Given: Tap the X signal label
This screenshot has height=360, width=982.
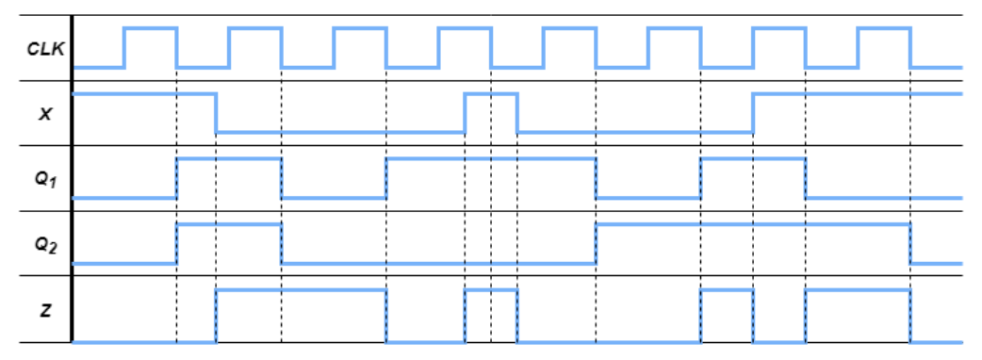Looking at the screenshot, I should pos(43,112).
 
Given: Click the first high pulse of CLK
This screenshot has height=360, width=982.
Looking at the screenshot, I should pos(151,29).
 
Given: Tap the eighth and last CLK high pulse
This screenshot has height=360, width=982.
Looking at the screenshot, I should pos(883,29).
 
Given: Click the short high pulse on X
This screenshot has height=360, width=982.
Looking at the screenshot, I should pos(491,94).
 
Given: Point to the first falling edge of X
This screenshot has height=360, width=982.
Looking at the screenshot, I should pos(217,112).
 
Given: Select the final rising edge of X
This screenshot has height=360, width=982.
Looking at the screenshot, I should pos(753,112).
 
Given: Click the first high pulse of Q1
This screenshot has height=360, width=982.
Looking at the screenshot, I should pos(229,159).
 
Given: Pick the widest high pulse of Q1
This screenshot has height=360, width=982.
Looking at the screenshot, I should pos(491,159).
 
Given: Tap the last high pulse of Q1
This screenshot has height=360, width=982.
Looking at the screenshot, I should pos(753,159).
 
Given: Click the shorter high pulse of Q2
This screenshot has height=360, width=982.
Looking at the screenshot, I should pos(229,225).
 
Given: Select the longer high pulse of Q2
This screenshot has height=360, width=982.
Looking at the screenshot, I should pos(753,225).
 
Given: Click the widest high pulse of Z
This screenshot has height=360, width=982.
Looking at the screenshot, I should pos(302,291).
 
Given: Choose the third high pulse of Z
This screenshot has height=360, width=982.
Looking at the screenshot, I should pos(727,291).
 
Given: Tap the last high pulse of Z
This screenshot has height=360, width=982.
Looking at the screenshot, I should pos(858,291).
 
